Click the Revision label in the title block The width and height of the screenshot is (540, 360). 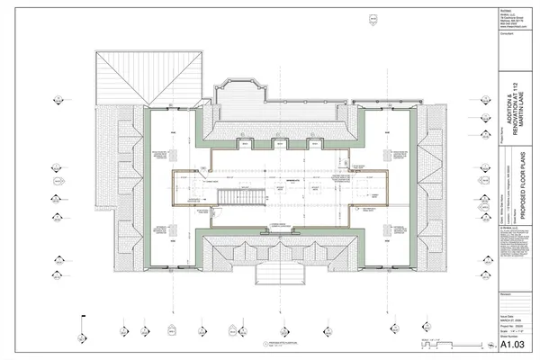pos(507,293)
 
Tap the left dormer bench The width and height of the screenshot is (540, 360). pos(243,143)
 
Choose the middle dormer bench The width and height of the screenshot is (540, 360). pos(279,143)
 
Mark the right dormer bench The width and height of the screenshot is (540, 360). pos(314,143)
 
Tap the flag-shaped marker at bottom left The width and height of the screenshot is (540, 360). pos(82,319)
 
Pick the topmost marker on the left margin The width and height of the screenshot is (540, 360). pos(57,96)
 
